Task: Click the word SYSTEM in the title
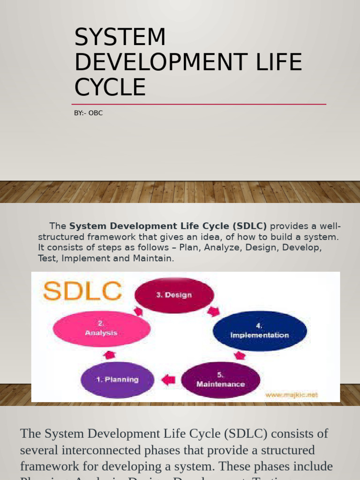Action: pyautogui.click(x=120, y=37)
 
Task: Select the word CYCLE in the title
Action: pyautogui.click(x=110, y=88)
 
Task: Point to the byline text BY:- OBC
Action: pyautogui.click(x=88, y=113)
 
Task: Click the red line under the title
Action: pyautogui.click(x=199, y=104)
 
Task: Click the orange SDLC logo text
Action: pyautogui.click(x=82, y=292)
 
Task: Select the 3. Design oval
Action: pyautogui.click(x=174, y=295)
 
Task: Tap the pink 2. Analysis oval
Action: pyautogui.click(x=101, y=328)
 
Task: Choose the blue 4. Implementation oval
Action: pyautogui.click(x=259, y=330)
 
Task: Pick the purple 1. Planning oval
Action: pyautogui.click(x=117, y=379)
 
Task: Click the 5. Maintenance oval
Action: pyautogui.click(x=220, y=380)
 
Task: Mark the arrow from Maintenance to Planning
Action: pyautogui.click(x=168, y=379)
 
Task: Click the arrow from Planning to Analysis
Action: pyautogui.click(x=109, y=354)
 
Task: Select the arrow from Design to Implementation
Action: pyautogui.click(x=213, y=311)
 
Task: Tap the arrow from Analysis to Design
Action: pyautogui.click(x=138, y=311)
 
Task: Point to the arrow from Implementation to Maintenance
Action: pyautogui.click(x=240, y=355)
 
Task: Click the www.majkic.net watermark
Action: pyautogui.click(x=291, y=395)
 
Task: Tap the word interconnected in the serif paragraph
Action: pyautogui.click(x=109, y=450)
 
